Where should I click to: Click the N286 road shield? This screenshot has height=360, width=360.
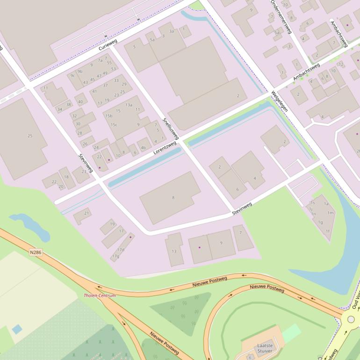pos(36,252)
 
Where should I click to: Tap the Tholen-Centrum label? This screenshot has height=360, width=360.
pos(100,295)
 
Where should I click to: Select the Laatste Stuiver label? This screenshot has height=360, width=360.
pos(265,348)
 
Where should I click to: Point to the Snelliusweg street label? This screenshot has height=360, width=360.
pos(171,128)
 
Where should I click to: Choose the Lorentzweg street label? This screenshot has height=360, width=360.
pos(165,151)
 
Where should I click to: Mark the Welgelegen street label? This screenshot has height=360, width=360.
pos(279,101)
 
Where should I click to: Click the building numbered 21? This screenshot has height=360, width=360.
pos(86,213)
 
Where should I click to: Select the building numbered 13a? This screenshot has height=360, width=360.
pos(129,105)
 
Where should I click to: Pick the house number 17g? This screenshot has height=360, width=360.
pos(115,256)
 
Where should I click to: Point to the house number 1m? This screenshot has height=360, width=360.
pos(330,213)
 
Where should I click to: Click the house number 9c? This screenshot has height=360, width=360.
pos(72,75)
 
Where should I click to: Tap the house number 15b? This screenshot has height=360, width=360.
pos(109,115)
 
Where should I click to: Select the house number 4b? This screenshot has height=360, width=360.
pos(143,148)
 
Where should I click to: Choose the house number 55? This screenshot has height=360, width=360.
pos(109,62)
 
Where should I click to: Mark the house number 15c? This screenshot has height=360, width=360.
pos(114,125)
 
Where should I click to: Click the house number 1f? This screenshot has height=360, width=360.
pos(327,231)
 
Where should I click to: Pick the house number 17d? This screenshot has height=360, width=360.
pos(121,250)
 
